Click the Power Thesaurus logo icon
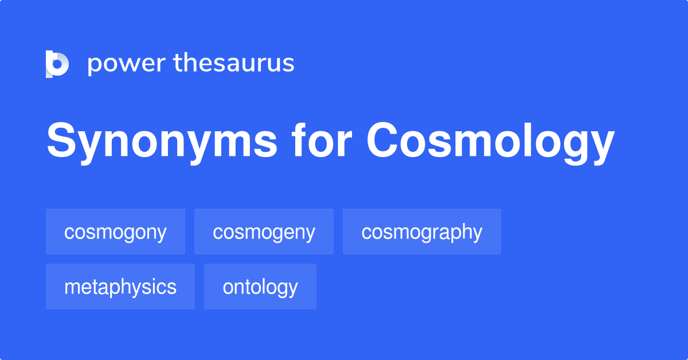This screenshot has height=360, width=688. [x=57, y=64]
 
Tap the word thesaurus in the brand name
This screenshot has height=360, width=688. [x=234, y=64]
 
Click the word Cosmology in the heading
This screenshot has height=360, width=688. [x=491, y=142]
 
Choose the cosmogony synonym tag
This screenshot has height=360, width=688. [x=115, y=232]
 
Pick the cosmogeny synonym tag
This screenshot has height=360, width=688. [x=264, y=232]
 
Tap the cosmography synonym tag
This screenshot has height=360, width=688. [x=422, y=232]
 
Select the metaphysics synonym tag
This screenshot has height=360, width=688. [x=120, y=287]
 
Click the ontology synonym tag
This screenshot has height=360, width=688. [x=260, y=287]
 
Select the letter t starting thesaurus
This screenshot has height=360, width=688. [x=177, y=64]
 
